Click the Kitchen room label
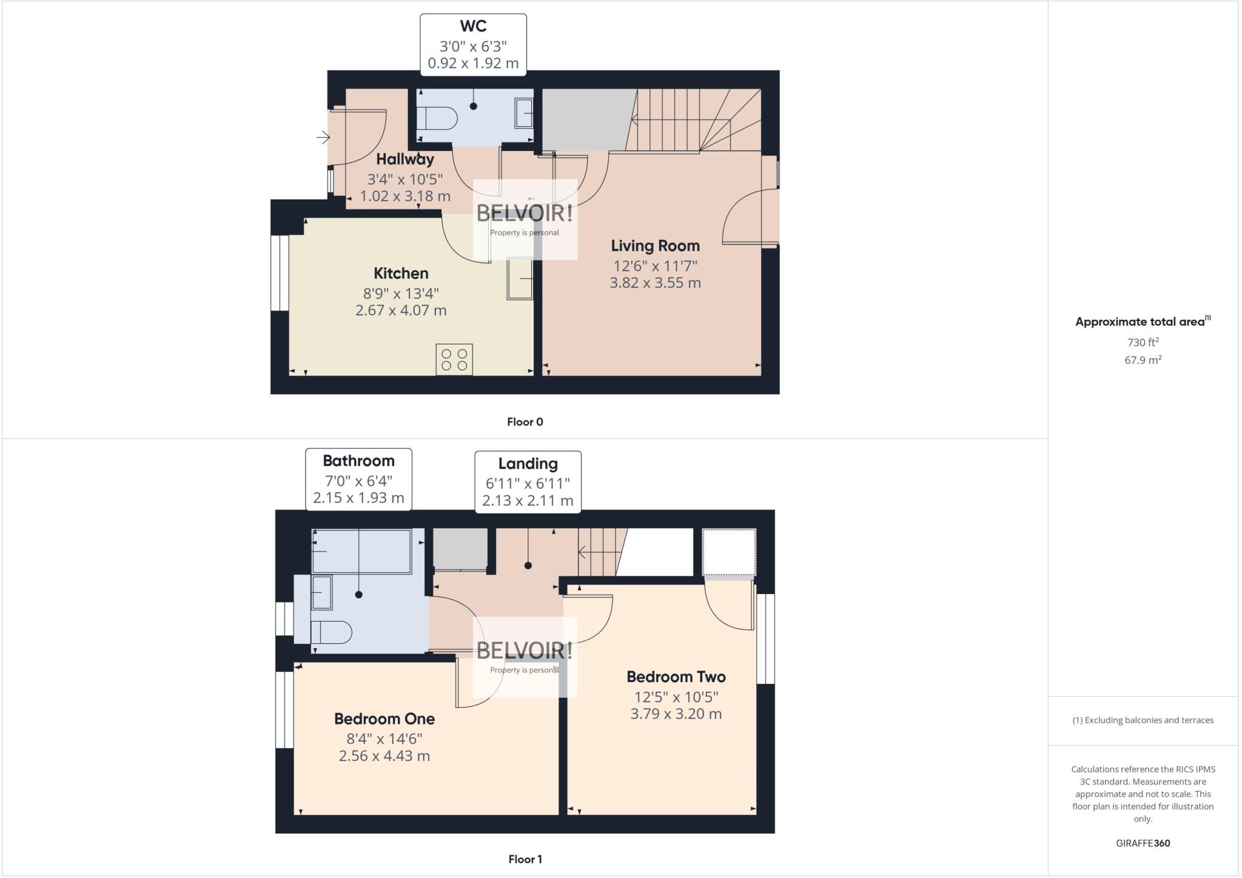click(401, 273)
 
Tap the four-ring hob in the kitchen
click(454, 359)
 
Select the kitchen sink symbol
click(520, 279)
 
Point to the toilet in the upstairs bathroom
click(331, 632)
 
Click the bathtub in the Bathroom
click(361, 551)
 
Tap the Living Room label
click(655, 246)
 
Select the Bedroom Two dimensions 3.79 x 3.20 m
click(676, 714)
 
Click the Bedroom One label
click(384, 719)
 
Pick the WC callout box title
click(473, 26)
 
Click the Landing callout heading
click(528, 464)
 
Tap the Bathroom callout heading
click(358, 461)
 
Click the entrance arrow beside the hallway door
click(323, 138)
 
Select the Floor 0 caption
click(525, 422)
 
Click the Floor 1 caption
click(525, 859)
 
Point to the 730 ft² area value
click(1143, 342)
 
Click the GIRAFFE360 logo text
click(1143, 843)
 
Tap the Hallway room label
click(405, 160)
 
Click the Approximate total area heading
click(1140, 322)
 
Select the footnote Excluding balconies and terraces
click(1143, 720)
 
